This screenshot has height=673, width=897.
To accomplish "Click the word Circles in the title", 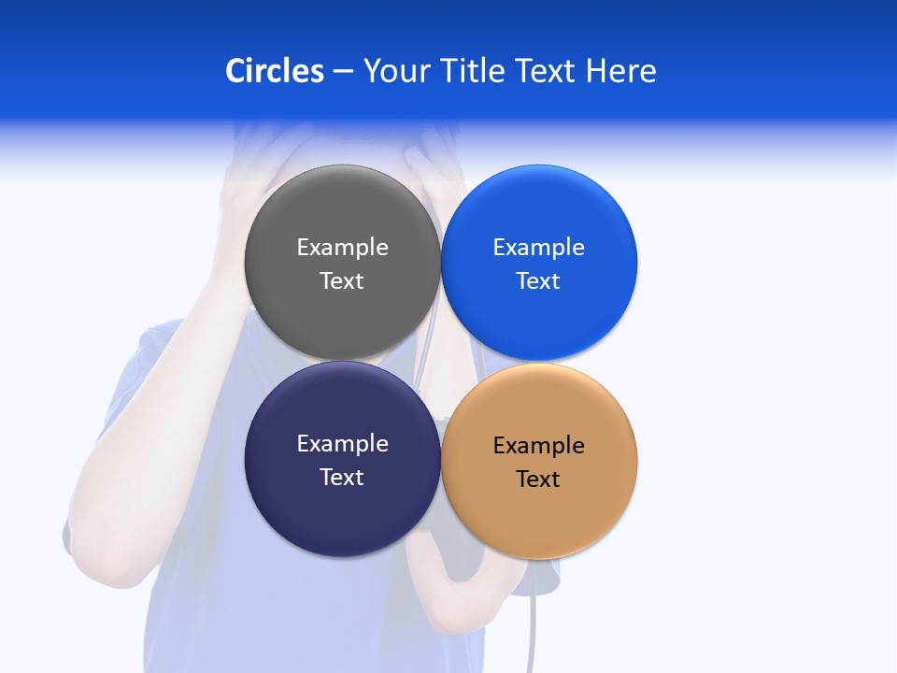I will pyautogui.click(x=275, y=71).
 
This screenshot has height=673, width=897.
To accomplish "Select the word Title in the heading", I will pyautogui.click(x=476, y=71).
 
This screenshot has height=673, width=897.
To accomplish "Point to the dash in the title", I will pyautogui.click(x=343, y=72).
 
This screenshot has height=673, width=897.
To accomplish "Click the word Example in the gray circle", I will pyautogui.click(x=342, y=247).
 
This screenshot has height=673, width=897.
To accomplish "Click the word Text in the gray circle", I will pyautogui.click(x=342, y=280).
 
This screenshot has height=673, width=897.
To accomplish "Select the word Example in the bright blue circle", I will pyautogui.click(x=539, y=247).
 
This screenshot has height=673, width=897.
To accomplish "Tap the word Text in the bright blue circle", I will pyautogui.click(x=539, y=280).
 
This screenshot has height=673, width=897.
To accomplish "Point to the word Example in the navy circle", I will pyautogui.click(x=342, y=443).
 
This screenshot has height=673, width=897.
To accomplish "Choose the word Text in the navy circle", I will pyautogui.click(x=342, y=477).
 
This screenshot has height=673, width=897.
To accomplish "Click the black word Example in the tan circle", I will pyautogui.click(x=539, y=445).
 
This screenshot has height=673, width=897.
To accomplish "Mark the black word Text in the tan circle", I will pyautogui.click(x=539, y=479).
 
